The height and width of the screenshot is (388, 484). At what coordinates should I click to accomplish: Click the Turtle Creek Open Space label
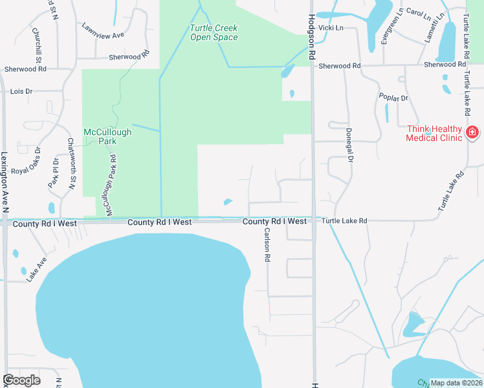[214, 32]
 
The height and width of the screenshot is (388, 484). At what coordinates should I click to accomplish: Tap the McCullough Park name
[107, 136]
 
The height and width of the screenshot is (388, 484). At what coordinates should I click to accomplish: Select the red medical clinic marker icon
[472, 133]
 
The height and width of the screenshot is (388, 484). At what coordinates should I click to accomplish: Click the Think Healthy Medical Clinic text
[434, 133]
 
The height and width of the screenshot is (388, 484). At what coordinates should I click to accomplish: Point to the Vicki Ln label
[330, 28]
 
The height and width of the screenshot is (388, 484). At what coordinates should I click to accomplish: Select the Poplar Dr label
[395, 98]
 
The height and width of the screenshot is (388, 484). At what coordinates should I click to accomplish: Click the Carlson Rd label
[266, 244]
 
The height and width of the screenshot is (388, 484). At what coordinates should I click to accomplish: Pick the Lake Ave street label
[37, 270]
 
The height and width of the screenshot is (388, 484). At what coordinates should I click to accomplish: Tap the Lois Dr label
[21, 92]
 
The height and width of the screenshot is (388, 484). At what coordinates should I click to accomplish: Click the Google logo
[21, 380]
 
